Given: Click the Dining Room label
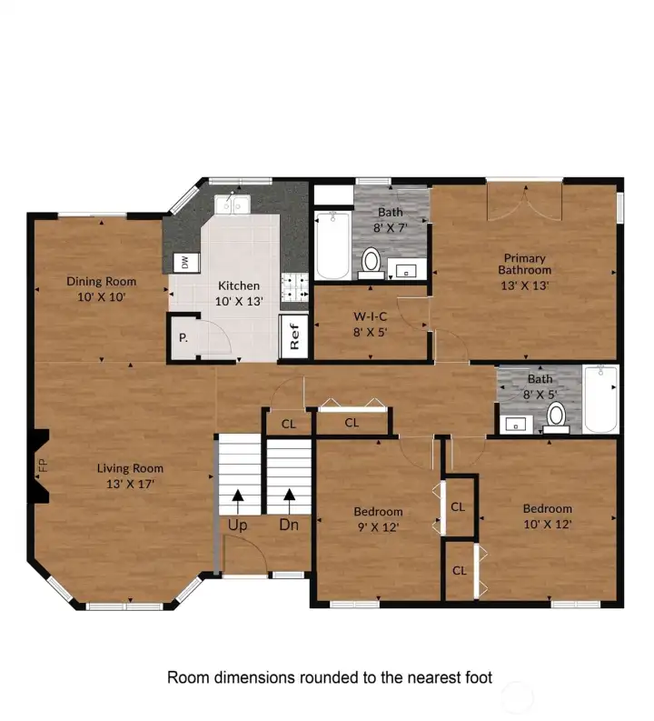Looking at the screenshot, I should pos(102,282).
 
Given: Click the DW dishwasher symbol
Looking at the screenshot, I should pos(184,263).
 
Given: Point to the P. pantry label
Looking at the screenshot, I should pos(183,337).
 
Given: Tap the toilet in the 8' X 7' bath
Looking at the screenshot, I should pos(371,261).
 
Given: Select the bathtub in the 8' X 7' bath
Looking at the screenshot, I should pos(332,245).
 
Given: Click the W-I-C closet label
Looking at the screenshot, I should pos(371,316).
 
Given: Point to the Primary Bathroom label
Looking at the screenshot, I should pos(524,264).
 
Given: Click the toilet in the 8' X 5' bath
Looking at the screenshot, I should pos(556,416).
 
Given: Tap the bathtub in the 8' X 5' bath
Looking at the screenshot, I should pos(600,399).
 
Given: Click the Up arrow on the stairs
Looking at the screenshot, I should pos(238,496).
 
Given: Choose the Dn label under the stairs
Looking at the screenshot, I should pos(289,525).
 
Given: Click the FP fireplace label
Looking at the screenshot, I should pos(42,466).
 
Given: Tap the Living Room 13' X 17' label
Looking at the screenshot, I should pos(130,476).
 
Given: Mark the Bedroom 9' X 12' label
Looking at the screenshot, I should pos(378,518).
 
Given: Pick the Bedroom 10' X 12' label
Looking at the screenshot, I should pos(547,516).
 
